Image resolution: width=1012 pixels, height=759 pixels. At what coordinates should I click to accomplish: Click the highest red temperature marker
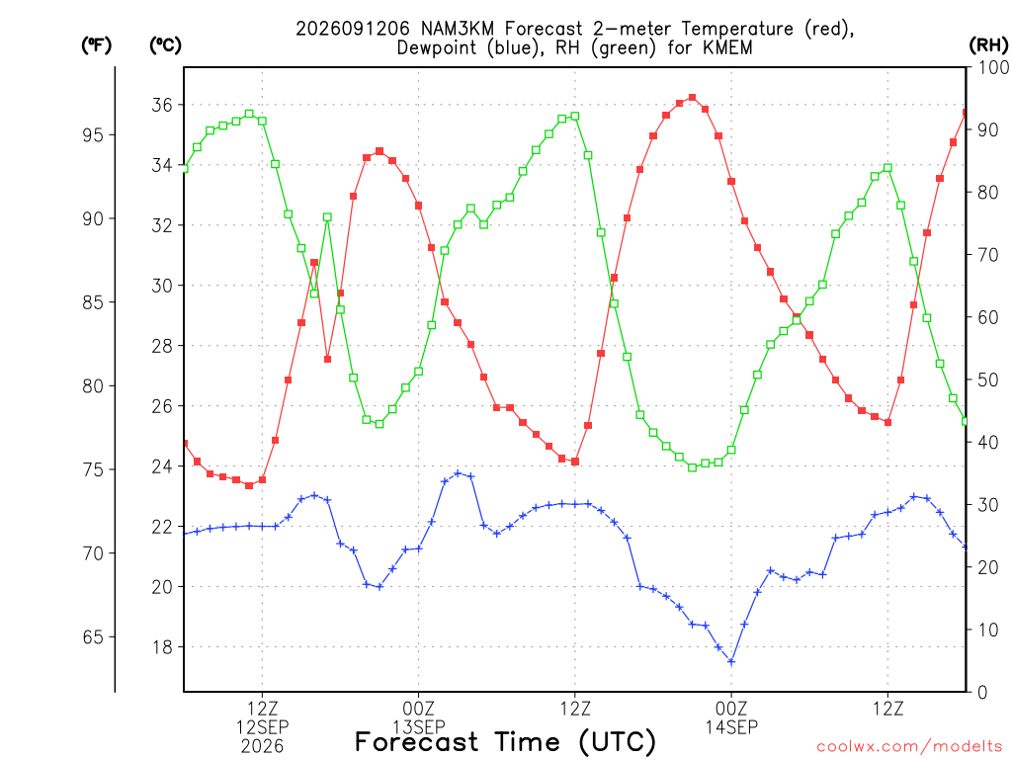pyautogui.click(x=693, y=98)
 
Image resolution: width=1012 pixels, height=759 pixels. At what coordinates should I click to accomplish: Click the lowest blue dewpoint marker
pyautogui.click(x=731, y=661)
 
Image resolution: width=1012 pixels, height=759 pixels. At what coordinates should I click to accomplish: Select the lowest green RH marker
pyautogui.click(x=693, y=467)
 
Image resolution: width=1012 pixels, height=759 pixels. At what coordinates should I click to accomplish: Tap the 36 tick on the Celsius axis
pyautogui.click(x=162, y=105)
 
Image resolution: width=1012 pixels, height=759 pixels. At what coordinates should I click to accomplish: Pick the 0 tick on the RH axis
pyautogui.click(x=983, y=693)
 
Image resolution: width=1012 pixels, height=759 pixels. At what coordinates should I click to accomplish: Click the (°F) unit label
pyautogui.click(x=96, y=45)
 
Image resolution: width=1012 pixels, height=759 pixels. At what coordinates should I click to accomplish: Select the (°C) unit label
pyautogui.click(x=165, y=45)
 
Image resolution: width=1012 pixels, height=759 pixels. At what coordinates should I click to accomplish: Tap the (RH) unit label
pyautogui.click(x=988, y=45)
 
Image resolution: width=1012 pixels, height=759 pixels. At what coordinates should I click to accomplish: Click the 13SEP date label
pyautogui.click(x=419, y=727)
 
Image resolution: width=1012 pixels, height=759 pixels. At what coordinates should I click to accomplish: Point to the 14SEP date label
pyautogui.click(x=731, y=727)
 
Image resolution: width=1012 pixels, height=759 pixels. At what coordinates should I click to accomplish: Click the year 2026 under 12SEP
pyautogui.click(x=262, y=747)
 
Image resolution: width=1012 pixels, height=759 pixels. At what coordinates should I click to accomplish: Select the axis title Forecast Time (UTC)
pyautogui.click(x=505, y=742)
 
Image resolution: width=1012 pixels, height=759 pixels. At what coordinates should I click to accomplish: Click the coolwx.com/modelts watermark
pyautogui.click(x=909, y=747)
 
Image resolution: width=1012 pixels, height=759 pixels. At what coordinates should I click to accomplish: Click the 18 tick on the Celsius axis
pyautogui.click(x=162, y=647)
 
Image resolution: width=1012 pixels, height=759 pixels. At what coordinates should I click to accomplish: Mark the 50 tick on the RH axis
pyautogui.click(x=988, y=379)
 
